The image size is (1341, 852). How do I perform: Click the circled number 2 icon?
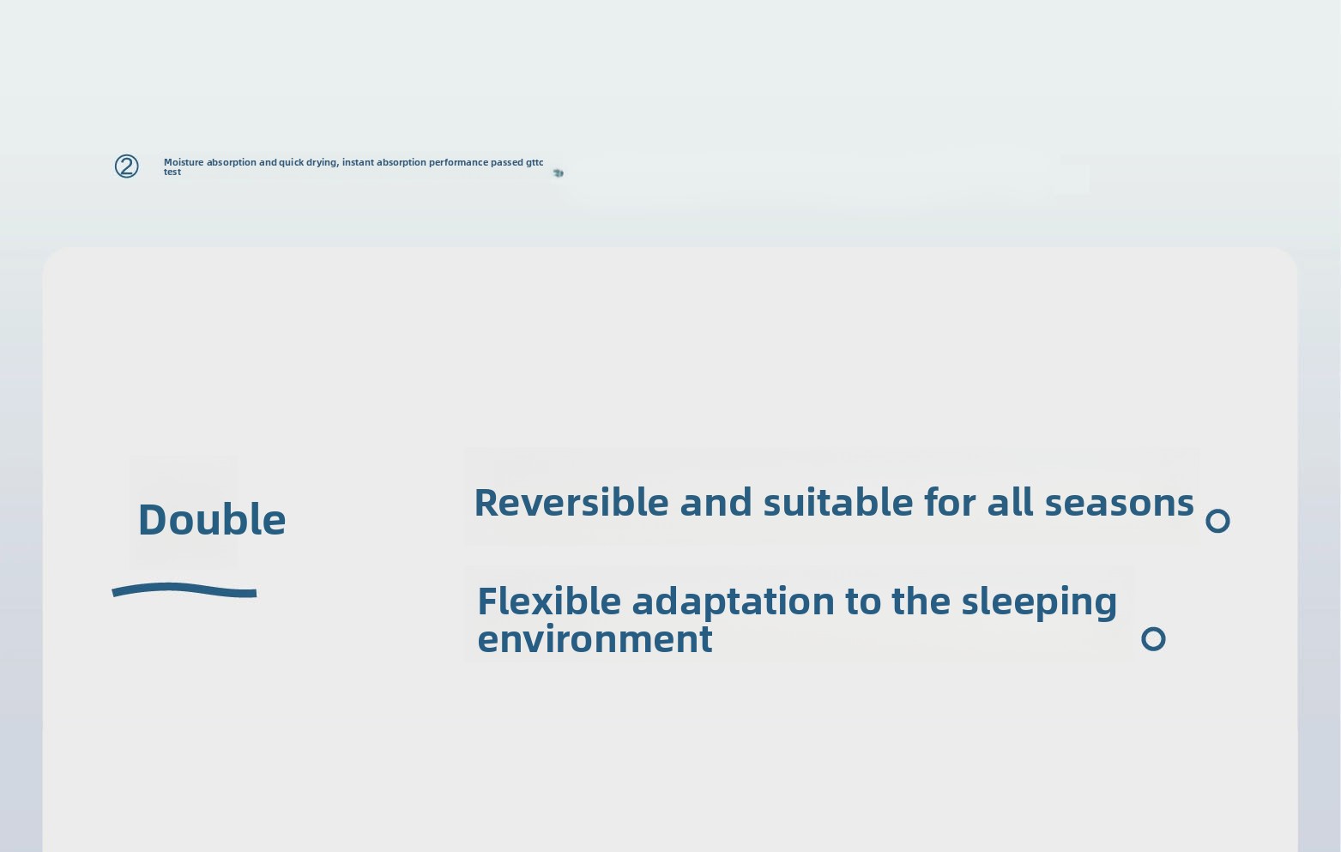[x=126, y=166]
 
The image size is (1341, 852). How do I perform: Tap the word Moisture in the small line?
[x=184, y=162]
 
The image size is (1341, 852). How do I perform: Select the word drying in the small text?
[x=323, y=163]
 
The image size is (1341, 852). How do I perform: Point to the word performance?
[x=458, y=163]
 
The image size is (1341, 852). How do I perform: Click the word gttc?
[x=535, y=163]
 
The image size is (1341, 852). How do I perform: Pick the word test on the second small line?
[x=172, y=172]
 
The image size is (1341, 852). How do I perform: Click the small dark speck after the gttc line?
[x=558, y=173]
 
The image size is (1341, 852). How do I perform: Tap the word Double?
[x=212, y=518]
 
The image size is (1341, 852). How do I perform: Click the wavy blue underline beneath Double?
[x=184, y=589]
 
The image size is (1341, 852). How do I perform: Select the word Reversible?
[x=571, y=502]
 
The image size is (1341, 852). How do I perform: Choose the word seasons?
[x=1120, y=503]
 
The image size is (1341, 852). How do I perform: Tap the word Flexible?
[x=549, y=601]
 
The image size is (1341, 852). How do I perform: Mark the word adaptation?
[x=734, y=602]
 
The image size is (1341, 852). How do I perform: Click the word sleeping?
[x=1039, y=602]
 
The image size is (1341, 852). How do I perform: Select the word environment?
[x=595, y=639]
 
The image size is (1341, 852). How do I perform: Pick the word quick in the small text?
[x=291, y=163]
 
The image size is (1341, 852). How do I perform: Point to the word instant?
[x=358, y=162]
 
